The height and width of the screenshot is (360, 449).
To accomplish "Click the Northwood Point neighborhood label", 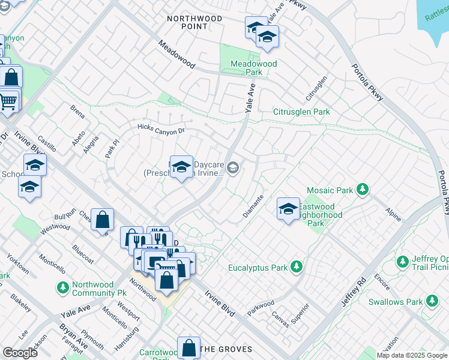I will [194, 23].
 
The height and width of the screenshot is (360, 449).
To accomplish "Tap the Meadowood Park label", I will [254, 68].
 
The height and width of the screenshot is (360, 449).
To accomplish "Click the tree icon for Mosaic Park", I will [361, 190].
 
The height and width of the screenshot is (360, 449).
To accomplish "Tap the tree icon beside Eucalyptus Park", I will [295, 266].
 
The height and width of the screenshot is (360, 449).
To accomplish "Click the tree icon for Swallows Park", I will [432, 301].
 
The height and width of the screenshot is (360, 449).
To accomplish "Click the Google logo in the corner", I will [19, 352].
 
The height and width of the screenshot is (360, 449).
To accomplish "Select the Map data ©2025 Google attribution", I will [412, 355].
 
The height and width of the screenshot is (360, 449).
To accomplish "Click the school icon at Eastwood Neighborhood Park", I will [288, 209].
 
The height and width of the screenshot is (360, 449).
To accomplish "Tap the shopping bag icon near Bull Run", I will [103, 220].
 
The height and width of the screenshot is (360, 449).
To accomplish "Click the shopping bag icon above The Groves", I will [188, 347].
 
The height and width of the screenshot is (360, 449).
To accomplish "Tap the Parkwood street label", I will [261, 307].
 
